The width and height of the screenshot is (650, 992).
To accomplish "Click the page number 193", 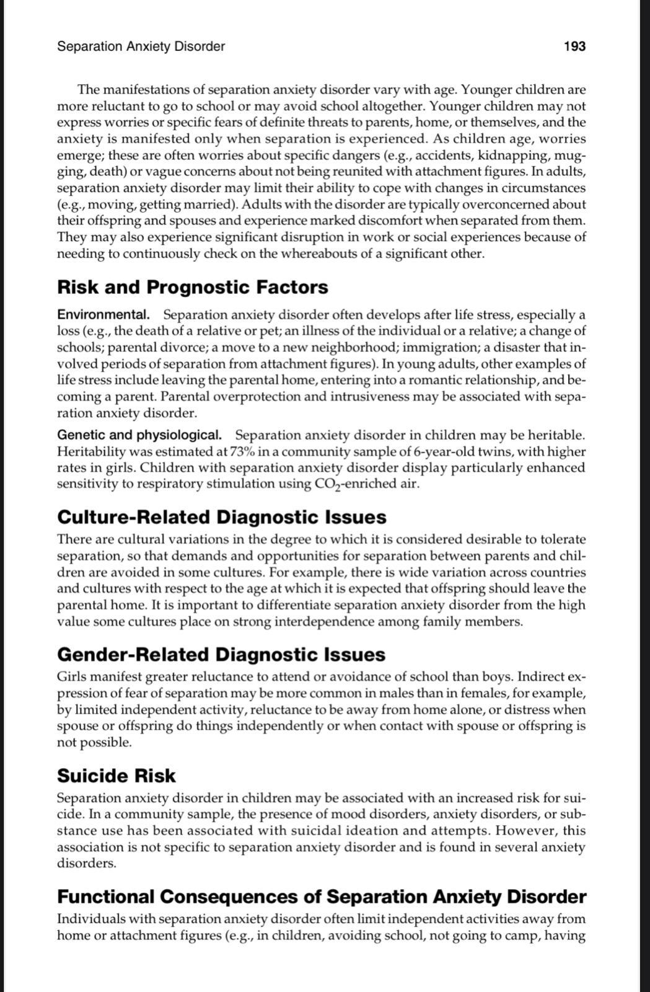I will (x=574, y=46).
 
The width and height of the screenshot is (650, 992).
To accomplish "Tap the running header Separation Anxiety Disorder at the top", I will (x=141, y=46).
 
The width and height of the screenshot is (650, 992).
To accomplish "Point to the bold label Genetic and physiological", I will (x=139, y=435).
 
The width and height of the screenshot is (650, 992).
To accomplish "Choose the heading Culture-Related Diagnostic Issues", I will (x=222, y=517).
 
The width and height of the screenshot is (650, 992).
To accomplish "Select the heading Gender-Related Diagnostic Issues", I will (x=221, y=654).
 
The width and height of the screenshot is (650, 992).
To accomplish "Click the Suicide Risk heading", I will (x=116, y=776).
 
